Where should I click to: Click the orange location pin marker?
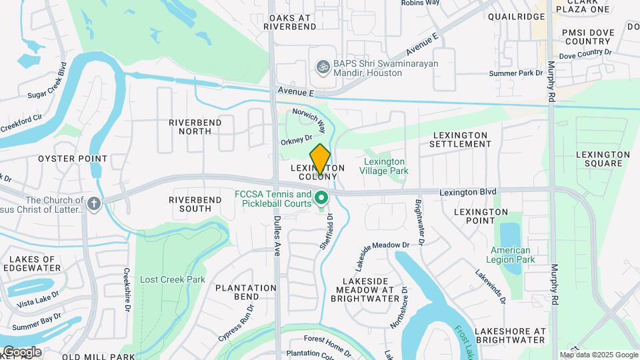pos(321,159)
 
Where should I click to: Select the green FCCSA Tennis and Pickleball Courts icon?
pos(321,198)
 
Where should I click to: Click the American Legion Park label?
pos(509,255)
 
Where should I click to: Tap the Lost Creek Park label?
pos(173,279)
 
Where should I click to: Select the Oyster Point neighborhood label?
pos(73,159)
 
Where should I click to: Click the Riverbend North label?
pos(190,127)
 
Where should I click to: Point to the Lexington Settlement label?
pos(460,139)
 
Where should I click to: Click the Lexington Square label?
pos(603,159)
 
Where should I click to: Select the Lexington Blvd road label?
pos(468,191)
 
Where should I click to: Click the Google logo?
pos(21,351)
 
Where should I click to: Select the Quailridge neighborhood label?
pos(516,17)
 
